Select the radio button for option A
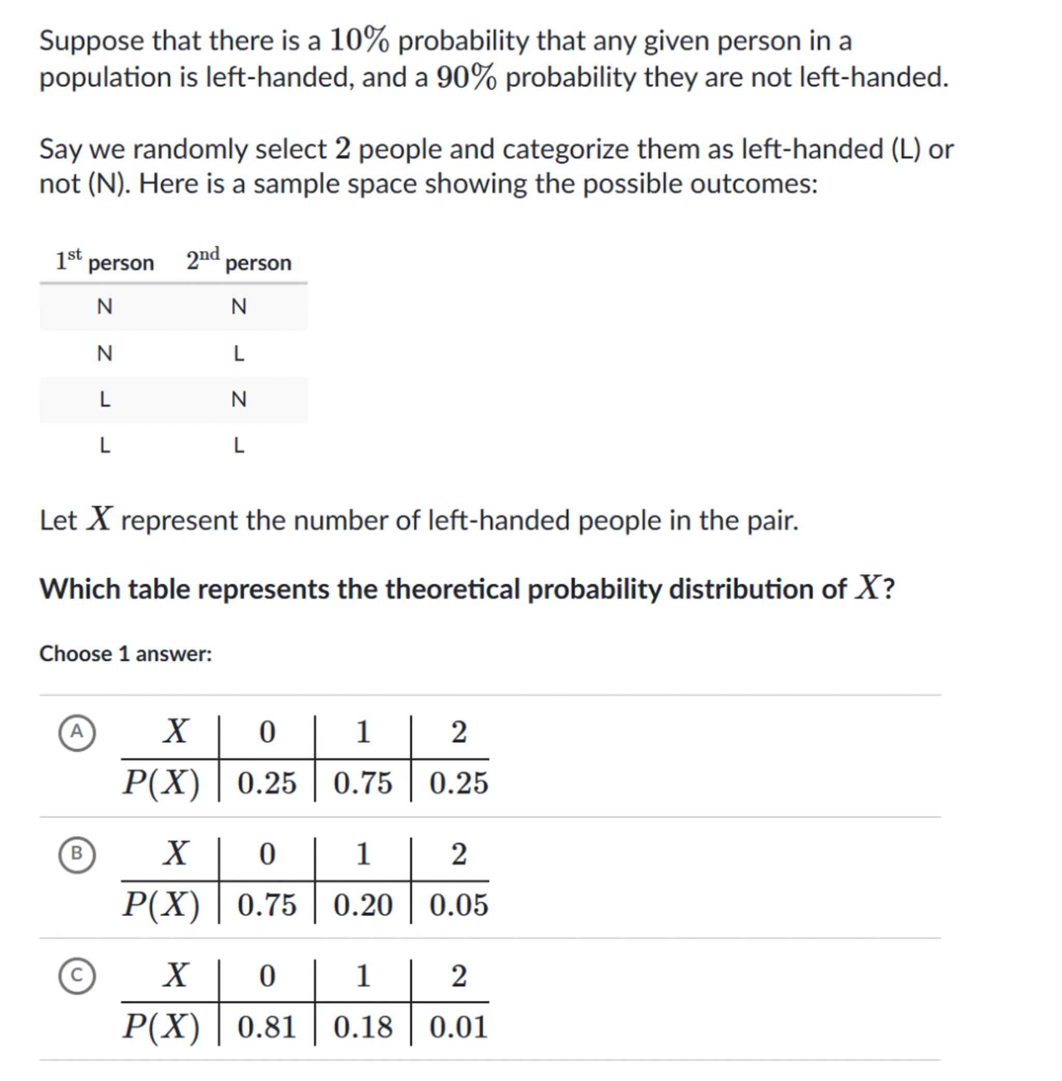(76, 732)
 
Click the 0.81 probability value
(267, 1027)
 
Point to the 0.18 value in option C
(362, 1027)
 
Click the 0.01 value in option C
(458, 1027)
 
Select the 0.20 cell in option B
(362, 905)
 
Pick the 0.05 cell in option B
(458, 905)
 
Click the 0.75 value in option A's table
(362, 783)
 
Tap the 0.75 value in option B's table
(267, 905)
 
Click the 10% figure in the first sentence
(359, 41)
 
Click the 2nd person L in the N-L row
(239, 353)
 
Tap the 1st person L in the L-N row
(104, 399)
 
